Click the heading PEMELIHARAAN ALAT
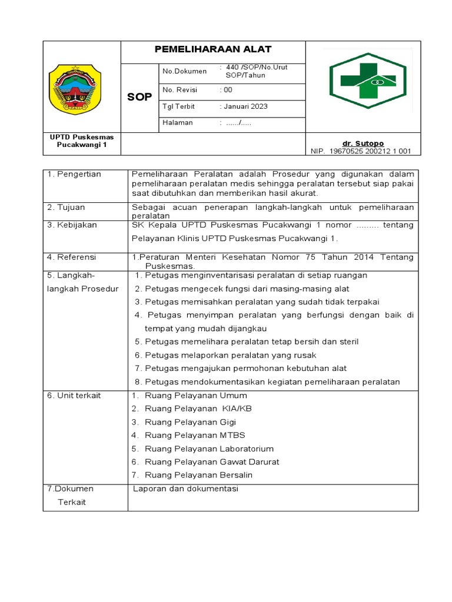(213, 49)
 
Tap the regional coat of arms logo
(74, 89)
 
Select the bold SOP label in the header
(139, 97)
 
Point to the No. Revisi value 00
(227, 90)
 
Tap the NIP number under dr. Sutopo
(361, 151)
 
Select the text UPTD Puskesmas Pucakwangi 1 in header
(81, 141)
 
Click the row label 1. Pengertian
(74, 174)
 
